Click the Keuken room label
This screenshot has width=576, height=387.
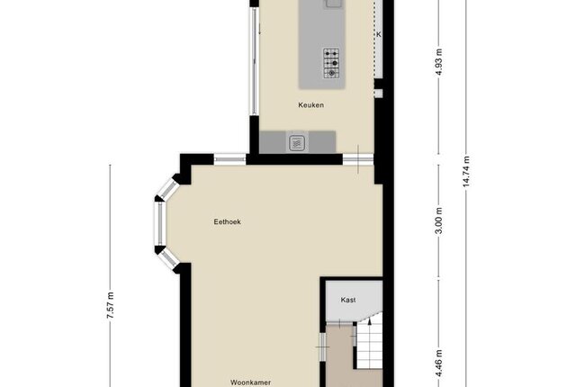311,105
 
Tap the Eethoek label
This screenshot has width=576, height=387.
228,221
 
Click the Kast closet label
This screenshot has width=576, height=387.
348,300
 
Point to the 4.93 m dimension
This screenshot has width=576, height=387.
439,62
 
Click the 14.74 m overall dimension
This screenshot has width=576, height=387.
466,172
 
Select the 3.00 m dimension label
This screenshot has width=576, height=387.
439,220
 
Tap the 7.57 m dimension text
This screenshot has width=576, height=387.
110,305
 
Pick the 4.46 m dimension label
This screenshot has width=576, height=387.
439,364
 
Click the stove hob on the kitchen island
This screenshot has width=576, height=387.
331,63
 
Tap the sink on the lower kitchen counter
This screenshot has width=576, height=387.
297,143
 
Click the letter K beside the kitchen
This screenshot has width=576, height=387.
379,34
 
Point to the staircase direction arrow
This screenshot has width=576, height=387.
370,321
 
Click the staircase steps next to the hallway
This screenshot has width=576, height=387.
370,344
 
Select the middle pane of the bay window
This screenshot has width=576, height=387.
160,223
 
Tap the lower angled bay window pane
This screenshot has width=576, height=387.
168,259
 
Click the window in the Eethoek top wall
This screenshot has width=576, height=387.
230,159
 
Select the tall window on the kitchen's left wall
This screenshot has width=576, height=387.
254,61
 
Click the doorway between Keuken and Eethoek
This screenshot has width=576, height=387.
358,159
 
